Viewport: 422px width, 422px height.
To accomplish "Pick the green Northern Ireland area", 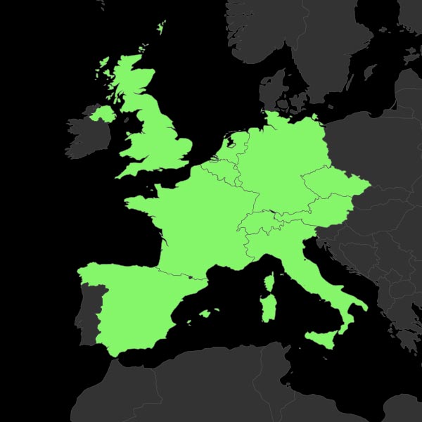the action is click(103, 113).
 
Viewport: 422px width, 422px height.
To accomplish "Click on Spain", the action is click(134, 302).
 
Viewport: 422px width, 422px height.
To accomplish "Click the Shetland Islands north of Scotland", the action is click(162, 28).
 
